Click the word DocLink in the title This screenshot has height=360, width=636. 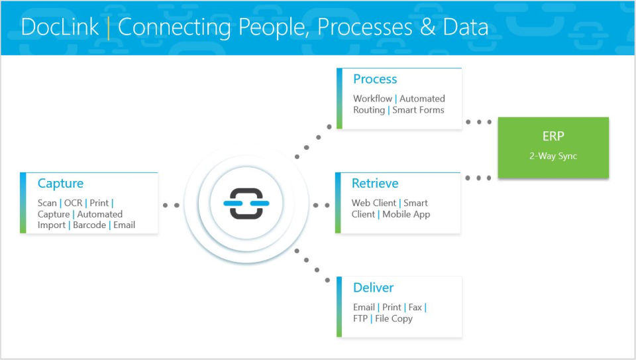pos(60,27)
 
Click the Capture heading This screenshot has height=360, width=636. pos(60,184)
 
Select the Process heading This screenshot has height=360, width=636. pos(375,79)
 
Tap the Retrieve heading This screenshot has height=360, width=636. pos(375,184)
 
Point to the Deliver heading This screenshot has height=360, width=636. pos(373,288)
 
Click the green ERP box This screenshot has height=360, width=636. pos(553,147)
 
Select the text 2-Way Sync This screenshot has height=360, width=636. pos(553,156)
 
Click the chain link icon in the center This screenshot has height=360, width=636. pos(246,204)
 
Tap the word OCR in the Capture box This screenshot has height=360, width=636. pos(73,203)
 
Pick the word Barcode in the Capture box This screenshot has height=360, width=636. pos(89,225)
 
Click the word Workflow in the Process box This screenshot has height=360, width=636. pos(372,99)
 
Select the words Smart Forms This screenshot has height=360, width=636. pos(418,110)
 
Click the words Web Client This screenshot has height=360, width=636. pos(374,203)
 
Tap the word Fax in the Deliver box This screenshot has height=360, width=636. pos(415,308)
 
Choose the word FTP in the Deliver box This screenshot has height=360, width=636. pos(361,319)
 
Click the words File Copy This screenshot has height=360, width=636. pos(394,319)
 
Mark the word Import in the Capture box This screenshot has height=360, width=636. pos(52,225)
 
